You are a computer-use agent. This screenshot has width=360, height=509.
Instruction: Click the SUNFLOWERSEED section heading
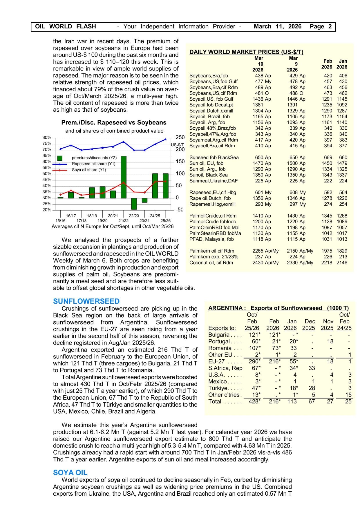point(86,301)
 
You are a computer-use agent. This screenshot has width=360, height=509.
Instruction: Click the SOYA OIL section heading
point(70,472)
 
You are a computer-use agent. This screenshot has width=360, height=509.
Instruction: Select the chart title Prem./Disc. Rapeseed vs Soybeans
point(114,123)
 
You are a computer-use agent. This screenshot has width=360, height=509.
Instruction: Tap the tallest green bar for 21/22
point(123,177)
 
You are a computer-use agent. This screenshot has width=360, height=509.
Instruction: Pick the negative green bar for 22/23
point(134,204)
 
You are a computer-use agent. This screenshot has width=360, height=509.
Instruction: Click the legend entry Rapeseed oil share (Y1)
point(93,164)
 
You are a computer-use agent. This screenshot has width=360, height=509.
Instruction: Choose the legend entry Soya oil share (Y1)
point(89,170)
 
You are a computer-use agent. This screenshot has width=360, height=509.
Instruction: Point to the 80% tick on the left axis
point(47,137)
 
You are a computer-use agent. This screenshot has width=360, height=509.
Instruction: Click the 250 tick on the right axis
point(180,137)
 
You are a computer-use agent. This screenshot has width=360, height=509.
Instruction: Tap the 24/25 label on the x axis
point(155,216)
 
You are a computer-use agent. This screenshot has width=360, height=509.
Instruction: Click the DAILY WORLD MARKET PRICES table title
point(246,52)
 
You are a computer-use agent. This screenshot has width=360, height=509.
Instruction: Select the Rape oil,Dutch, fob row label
point(210,198)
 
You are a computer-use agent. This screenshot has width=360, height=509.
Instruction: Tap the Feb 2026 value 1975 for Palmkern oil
point(327,251)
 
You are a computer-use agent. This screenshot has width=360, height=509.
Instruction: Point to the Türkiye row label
point(218,388)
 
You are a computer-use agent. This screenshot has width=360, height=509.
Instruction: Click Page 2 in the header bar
point(321,27)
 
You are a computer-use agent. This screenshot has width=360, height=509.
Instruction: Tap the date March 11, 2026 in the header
point(277,27)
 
